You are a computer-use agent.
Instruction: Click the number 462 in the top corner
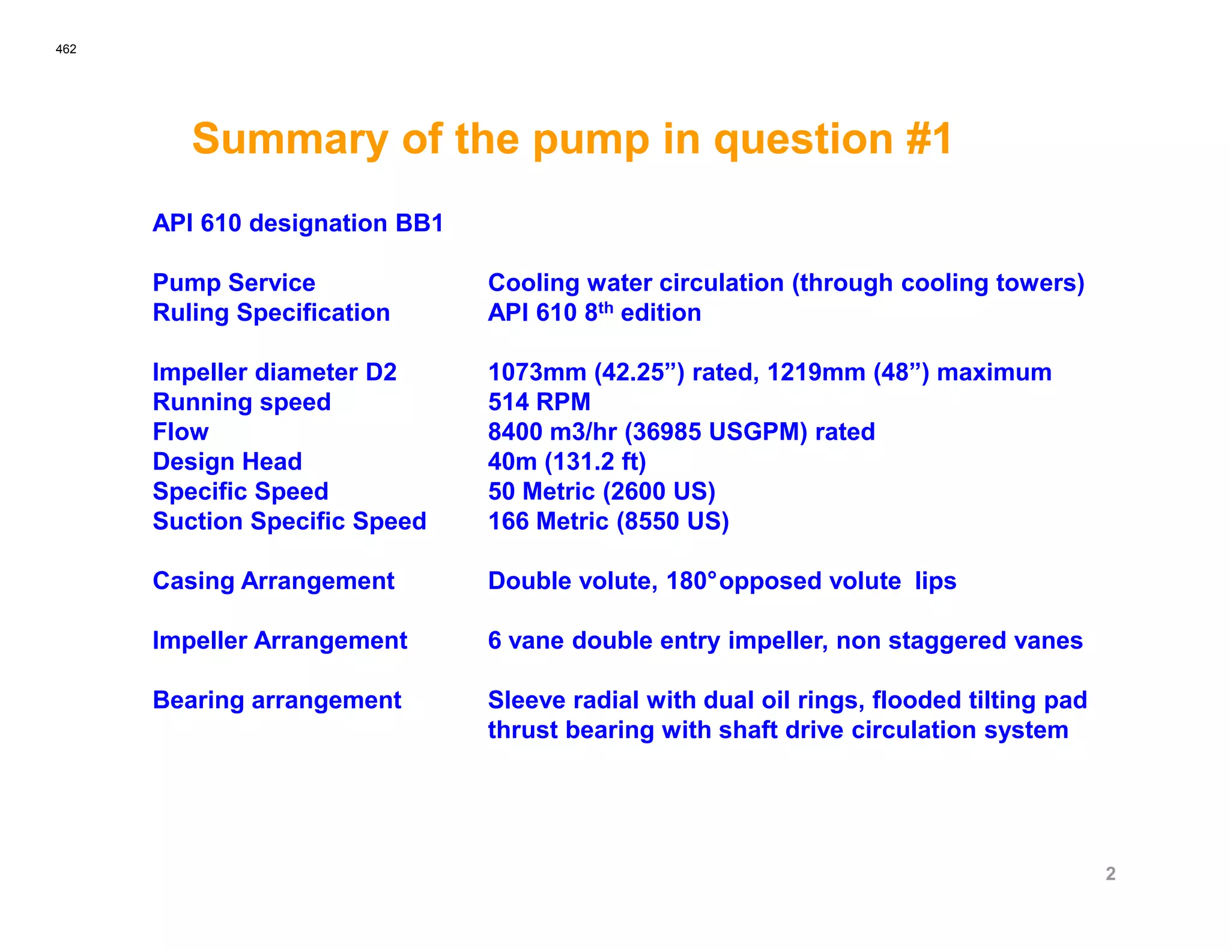pyautogui.click(x=65, y=49)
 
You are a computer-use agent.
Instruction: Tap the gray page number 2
pyautogui.click(x=1110, y=873)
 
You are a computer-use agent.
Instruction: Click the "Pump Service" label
pyautogui.click(x=234, y=283)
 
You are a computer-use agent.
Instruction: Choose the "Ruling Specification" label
pyautogui.click(x=271, y=313)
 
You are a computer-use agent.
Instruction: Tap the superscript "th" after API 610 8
pyautogui.click(x=605, y=307)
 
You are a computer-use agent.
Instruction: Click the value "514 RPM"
pyautogui.click(x=539, y=402)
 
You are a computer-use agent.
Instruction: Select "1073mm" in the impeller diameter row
pyautogui.click(x=537, y=372)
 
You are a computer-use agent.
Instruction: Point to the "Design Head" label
pyautogui.click(x=227, y=462)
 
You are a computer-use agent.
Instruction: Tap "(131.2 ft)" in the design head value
pyautogui.click(x=595, y=462)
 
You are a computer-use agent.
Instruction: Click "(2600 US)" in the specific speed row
pyautogui.click(x=659, y=492)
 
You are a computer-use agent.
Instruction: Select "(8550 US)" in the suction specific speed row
pyautogui.click(x=673, y=521)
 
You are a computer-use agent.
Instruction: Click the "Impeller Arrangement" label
pyautogui.click(x=279, y=641)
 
